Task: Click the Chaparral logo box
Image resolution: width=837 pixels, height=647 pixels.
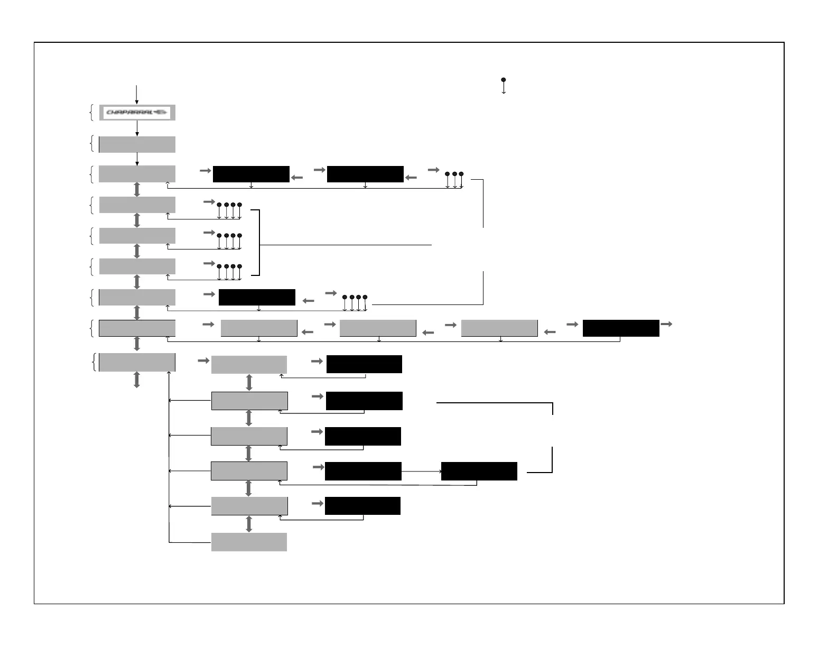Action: point(137,112)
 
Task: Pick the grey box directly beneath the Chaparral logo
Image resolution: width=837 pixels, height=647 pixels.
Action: point(137,144)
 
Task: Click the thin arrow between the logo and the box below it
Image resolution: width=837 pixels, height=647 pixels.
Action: point(137,128)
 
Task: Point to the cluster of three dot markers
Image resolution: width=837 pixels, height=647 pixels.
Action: point(454,180)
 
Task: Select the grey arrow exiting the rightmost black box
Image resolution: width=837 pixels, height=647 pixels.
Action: point(666,324)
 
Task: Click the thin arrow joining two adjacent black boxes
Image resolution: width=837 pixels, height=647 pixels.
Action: point(421,471)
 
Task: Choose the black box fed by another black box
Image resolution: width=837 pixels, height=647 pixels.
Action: point(479,471)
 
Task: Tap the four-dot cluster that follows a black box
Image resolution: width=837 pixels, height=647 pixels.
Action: point(355,303)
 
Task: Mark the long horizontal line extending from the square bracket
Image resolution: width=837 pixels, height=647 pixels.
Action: point(346,245)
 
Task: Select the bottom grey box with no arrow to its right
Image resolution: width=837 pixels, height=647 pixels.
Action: point(249,542)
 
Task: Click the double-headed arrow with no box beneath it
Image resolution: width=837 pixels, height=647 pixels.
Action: point(137,380)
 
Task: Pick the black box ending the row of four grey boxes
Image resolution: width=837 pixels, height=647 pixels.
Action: point(621,328)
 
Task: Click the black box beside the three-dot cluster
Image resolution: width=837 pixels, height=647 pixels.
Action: point(365,174)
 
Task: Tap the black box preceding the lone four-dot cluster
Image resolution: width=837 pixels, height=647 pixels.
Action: point(257,297)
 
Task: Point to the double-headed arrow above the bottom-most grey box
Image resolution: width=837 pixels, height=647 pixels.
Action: point(249,524)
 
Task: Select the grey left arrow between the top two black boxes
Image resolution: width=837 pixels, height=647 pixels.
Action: point(297,178)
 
